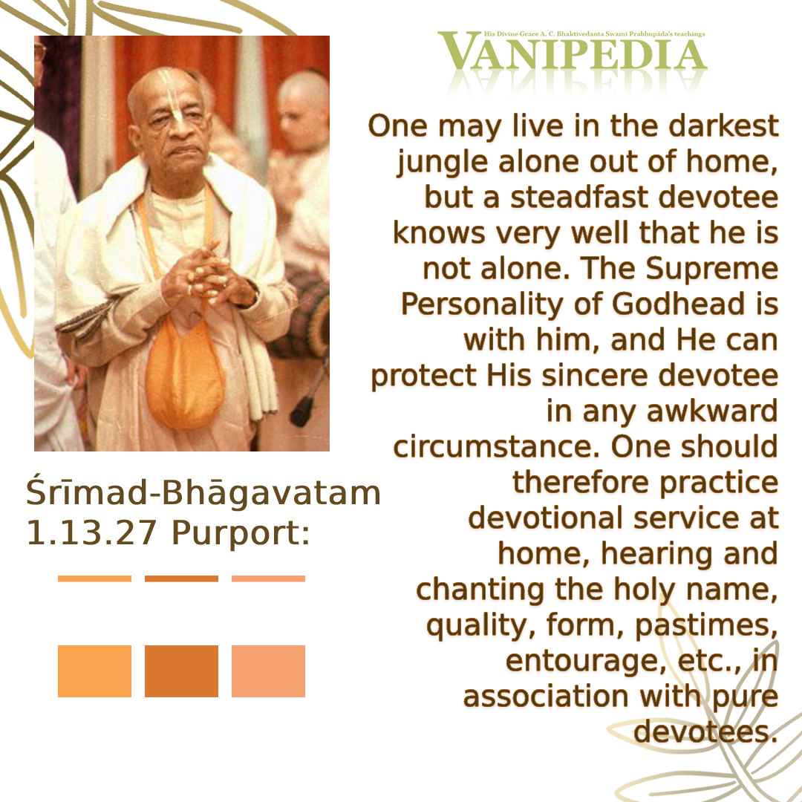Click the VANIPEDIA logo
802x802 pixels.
click(572, 50)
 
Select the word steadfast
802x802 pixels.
click(579, 198)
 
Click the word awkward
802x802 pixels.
click(712, 411)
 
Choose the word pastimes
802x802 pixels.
click(706, 626)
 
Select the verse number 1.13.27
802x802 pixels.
click(91, 533)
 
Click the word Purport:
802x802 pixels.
click(241, 534)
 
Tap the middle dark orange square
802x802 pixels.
click(182, 671)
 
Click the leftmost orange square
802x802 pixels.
click(94, 671)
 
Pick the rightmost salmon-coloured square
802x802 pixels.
click(269, 671)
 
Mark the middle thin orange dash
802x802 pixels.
click(182, 578)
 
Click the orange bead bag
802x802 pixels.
click(184, 374)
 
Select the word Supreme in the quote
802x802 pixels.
click(711, 270)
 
